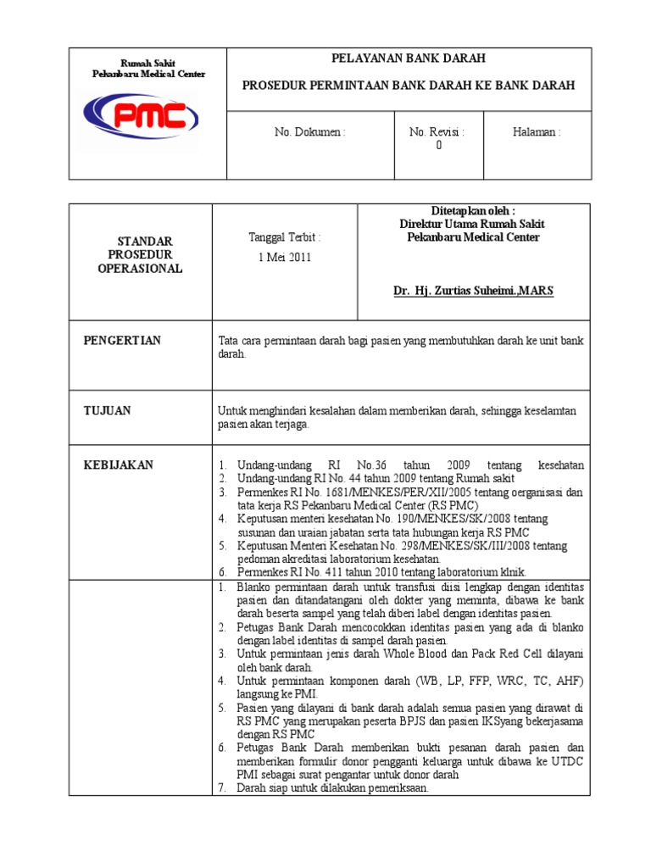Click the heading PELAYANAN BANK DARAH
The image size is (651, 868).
[408, 58]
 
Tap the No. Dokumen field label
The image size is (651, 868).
[309, 132]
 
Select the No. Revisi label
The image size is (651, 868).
[437, 132]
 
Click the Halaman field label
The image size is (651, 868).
[537, 132]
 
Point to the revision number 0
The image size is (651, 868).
[438, 145]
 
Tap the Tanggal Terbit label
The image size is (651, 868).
[285, 237]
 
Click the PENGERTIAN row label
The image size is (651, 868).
[122, 341]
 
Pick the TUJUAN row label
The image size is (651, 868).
[107, 411]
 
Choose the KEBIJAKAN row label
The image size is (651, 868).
[118, 465]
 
